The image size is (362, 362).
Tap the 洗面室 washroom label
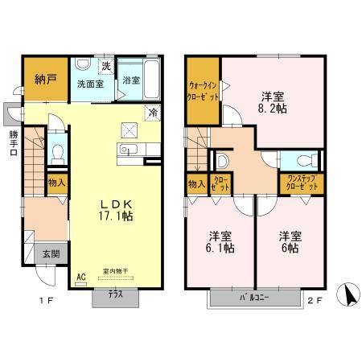coord(92,83)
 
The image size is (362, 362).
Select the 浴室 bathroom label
coord(132,80)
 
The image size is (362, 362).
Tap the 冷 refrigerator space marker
coord(151,113)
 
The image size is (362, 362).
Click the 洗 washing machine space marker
coord(105,66)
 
